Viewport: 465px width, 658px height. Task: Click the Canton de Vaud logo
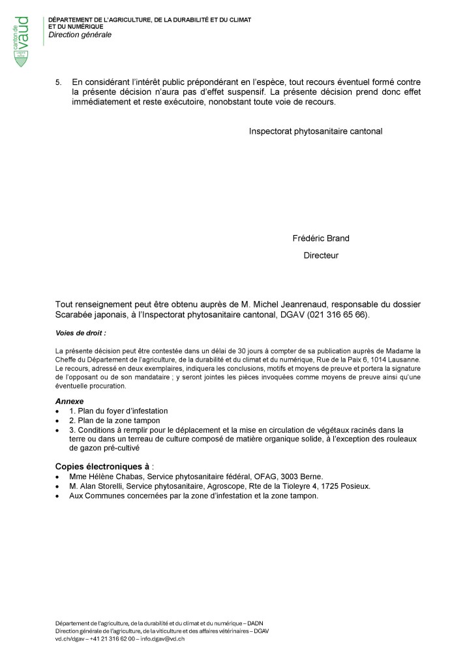23,40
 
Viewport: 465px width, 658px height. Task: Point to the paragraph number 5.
58,82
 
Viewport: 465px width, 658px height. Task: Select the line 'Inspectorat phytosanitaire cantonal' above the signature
315,131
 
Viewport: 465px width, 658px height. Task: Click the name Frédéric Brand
321,238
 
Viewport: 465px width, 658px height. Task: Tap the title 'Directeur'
321,255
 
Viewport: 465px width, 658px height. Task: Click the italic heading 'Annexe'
69,401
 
